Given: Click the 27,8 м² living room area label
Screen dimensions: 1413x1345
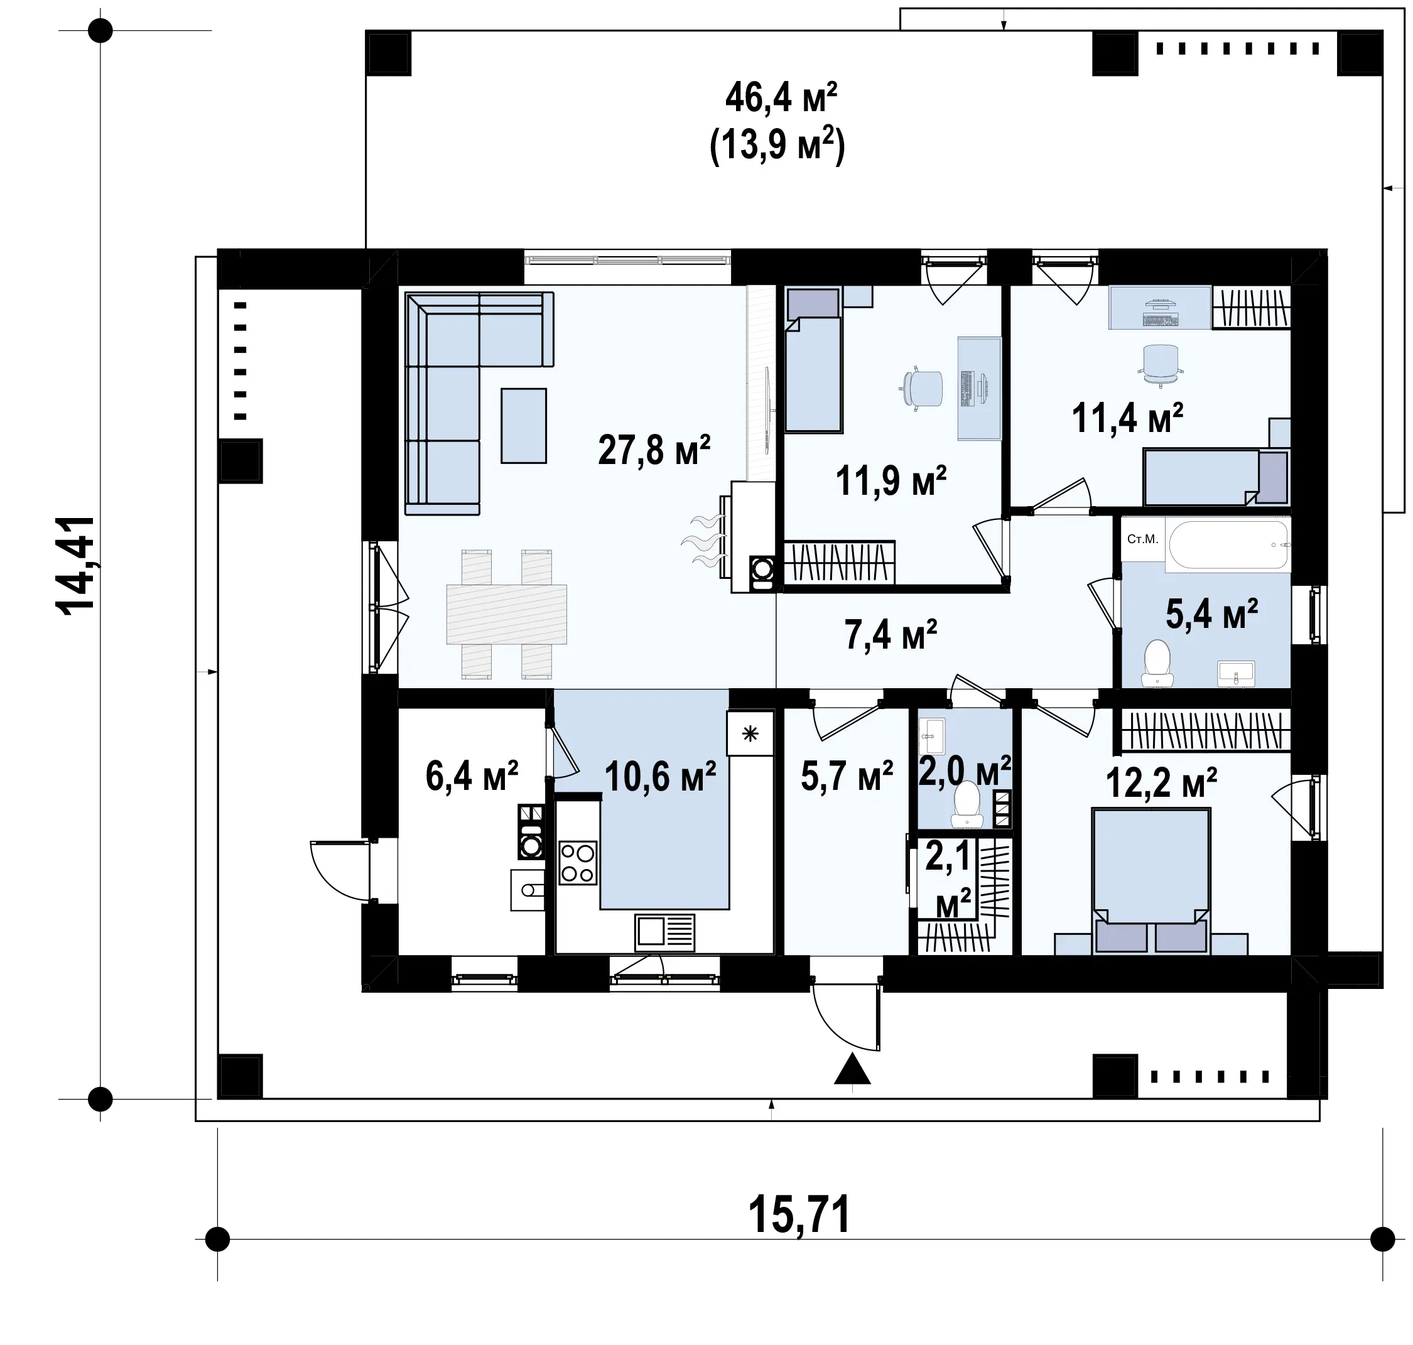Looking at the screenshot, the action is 654,450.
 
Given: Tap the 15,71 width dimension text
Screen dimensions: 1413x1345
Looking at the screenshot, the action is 799,1214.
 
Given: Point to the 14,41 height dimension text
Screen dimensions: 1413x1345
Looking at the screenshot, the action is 75,565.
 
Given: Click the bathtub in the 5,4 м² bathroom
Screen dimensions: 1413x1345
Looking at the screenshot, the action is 1228,544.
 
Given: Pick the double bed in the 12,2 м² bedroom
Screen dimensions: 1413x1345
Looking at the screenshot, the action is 1151,880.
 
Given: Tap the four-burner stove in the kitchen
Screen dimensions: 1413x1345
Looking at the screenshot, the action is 578,863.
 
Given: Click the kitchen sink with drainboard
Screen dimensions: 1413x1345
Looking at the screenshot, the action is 664,932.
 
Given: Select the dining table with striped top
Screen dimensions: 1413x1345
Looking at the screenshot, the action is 506,613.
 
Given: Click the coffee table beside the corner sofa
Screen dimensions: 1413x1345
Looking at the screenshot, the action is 523,425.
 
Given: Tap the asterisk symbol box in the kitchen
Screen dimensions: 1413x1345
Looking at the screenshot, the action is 750,733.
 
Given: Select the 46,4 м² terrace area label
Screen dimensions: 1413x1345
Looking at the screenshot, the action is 781,97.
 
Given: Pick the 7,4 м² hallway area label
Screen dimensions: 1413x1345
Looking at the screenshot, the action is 891,634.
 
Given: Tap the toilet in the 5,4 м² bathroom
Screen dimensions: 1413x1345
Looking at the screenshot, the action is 1156,664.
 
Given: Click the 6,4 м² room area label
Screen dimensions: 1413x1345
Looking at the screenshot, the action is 472,775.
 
